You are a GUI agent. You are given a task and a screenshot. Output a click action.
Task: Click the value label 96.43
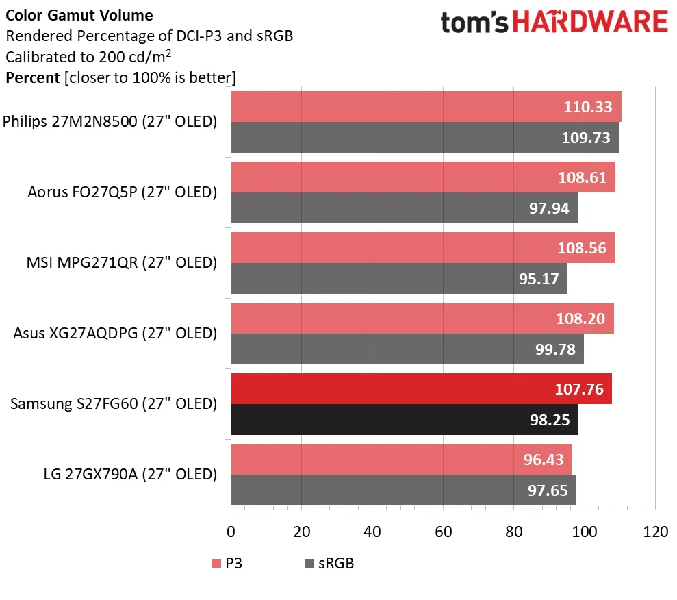tap(541, 460)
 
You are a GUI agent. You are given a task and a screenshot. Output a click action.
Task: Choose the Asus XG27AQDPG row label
tap(115, 334)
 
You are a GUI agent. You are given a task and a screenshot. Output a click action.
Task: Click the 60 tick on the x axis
tap(443, 532)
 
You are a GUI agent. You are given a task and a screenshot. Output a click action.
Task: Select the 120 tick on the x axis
tap(655, 532)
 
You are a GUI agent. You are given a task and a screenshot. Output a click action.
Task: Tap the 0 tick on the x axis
tap(231, 532)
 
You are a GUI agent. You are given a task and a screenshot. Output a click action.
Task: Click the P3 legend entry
tap(228, 564)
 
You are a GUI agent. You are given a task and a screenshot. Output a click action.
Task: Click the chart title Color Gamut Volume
tap(79, 15)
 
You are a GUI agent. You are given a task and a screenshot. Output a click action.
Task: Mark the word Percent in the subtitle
tap(32, 77)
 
